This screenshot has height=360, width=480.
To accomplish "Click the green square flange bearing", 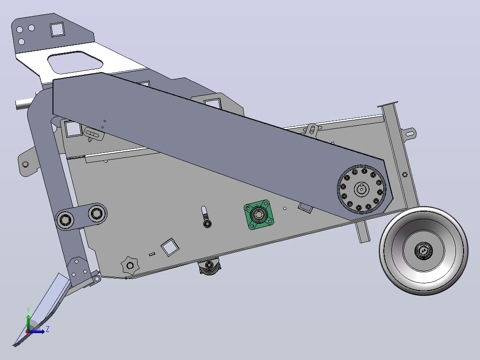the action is click(x=259, y=214).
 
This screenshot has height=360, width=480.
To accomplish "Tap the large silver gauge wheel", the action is click(x=424, y=251).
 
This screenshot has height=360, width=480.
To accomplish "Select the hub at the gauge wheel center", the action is click(x=424, y=251).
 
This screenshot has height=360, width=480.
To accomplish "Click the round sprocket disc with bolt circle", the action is click(x=362, y=189).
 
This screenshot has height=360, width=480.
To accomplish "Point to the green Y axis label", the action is click(x=28, y=310).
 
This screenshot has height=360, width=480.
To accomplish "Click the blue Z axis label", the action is click(x=48, y=329).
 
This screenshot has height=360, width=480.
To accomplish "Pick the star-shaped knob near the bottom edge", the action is click(x=130, y=265).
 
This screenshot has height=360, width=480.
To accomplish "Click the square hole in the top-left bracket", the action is click(x=57, y=29).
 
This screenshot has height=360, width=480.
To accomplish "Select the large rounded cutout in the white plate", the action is click(x=75, y=62).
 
